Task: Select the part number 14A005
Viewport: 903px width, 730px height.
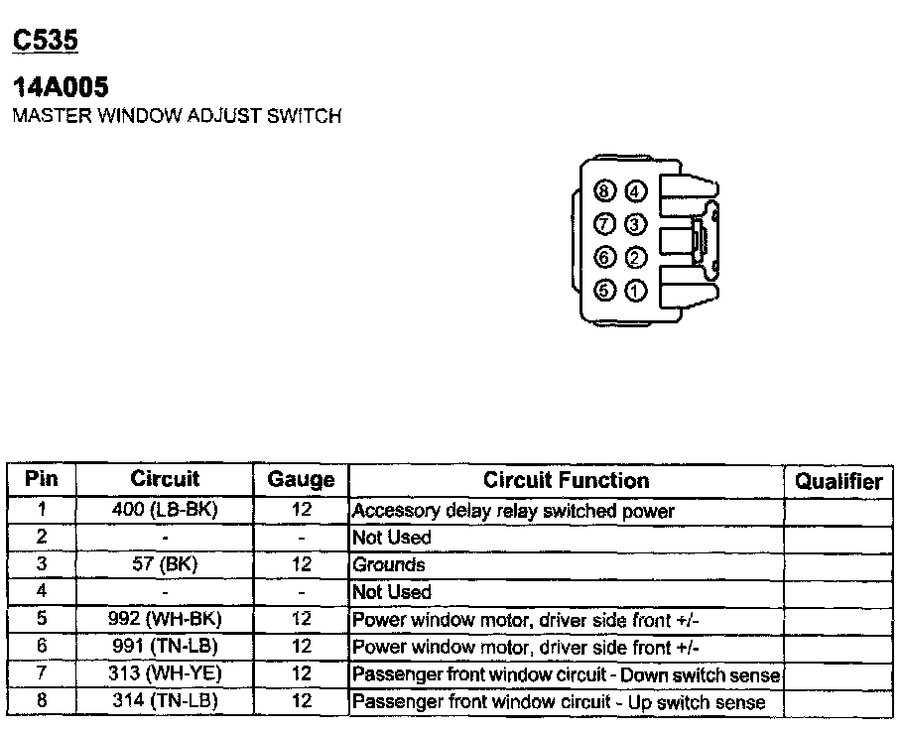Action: click(x=60, y=87)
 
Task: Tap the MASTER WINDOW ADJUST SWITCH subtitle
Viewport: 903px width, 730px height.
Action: click(x=176, y=116)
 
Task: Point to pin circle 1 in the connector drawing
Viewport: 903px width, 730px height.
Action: click(x=636, y=292)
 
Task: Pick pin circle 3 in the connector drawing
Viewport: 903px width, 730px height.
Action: click(x=636, y=225)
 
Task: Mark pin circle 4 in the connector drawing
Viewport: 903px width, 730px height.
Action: click(x=636, y=191)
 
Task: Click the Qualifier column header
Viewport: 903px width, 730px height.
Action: click(x=838, y=481)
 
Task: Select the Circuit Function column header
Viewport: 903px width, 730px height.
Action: click(x=566, y=480)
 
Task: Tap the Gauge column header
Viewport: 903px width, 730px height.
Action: click(x=302, y=480)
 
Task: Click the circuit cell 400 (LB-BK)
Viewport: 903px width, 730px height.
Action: click(x=165, y=511)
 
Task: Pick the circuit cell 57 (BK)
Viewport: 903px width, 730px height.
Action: click(x=165, y=564)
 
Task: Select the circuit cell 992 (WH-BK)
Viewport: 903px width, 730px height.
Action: click(x=165, y=619)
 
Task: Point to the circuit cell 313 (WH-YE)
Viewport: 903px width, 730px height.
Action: click(x=165, y=674)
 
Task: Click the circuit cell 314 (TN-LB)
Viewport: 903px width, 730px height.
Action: click(x=165, y=701)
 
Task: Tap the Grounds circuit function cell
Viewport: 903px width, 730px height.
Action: click(x=389, y=565)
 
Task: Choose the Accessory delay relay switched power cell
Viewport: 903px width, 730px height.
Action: click(x=513, y=512)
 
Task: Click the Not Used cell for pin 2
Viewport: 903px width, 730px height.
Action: click(x=392, y=538)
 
